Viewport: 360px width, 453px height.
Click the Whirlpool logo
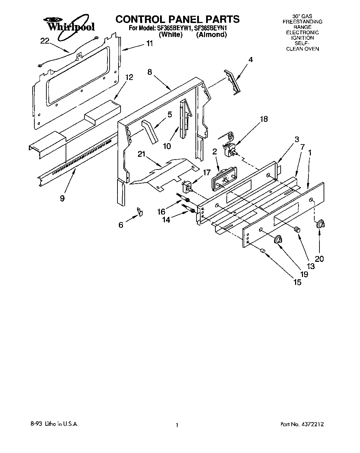click(70, 24)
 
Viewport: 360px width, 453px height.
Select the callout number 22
click(45, 41)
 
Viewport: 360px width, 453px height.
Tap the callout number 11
click(149, 44)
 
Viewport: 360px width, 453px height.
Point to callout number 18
click(263, 119)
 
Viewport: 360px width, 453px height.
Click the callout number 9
click(62, 198)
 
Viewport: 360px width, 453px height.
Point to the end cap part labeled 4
click(233, 81)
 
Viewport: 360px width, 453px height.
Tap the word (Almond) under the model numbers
click(211, 35)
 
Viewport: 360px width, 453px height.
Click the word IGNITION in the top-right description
click(302, 38)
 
